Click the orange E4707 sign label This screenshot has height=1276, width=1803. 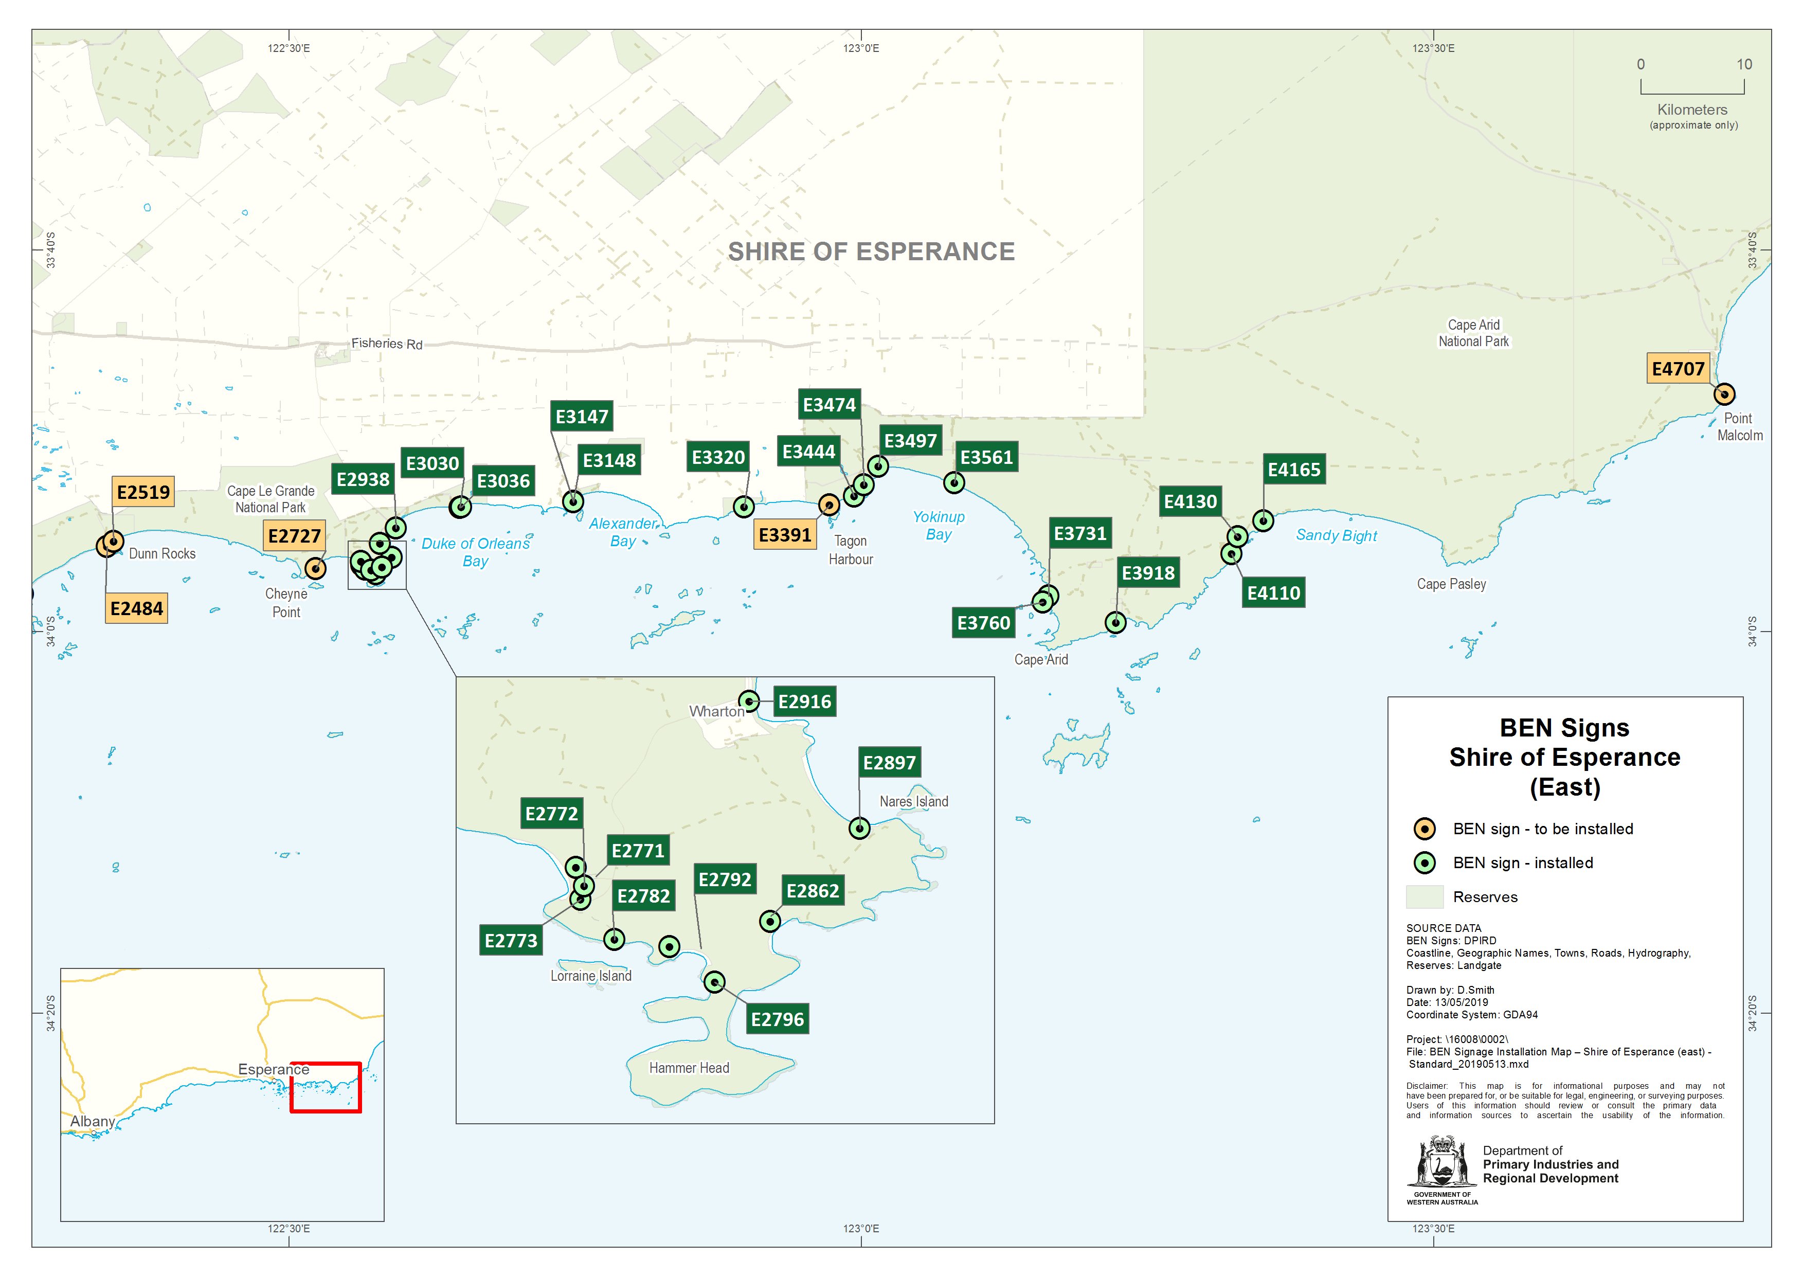tap(1678, 368)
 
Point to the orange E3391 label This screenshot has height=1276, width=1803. tap(784, 535)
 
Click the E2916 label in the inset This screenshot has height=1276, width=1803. tap(804, 702)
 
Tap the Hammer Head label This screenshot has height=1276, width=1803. tap(689, 1068)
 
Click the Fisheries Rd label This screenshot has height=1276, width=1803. tap(387, 344)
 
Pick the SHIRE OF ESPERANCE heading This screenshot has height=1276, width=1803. tap(871, 251)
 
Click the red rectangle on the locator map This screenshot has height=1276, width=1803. tap(325, 1087)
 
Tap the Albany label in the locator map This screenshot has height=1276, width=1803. tap(93, 1121)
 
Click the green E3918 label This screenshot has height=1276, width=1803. tap(1148, 573)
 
